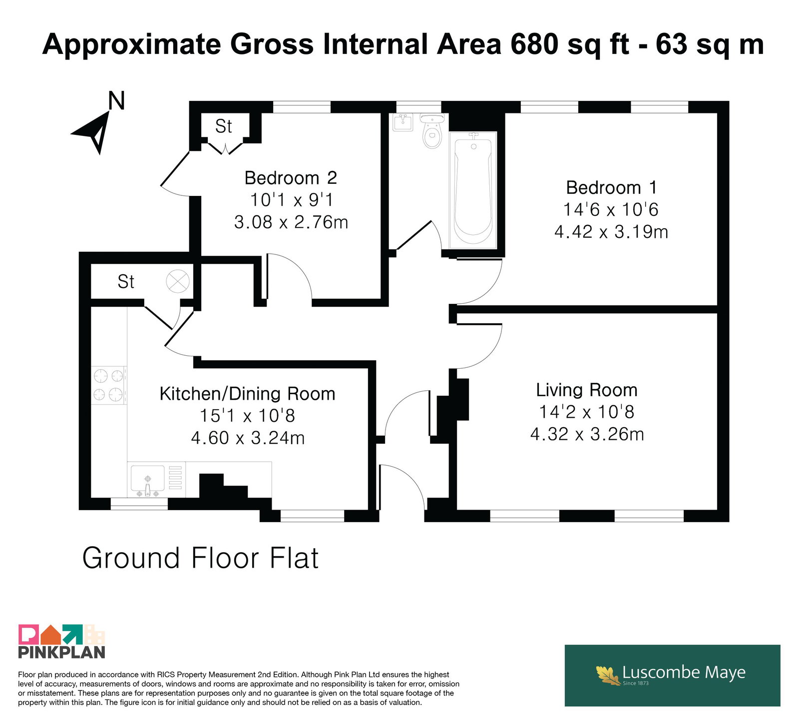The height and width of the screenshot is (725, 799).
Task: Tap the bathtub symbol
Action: point(473,190)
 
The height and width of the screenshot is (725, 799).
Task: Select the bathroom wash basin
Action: point(402,122)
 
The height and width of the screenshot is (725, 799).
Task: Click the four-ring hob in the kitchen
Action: point(109,385)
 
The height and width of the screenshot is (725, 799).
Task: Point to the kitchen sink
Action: point(147,480)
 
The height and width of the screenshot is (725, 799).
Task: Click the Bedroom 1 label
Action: point(611,187)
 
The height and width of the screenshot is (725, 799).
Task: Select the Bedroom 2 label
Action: point(291,177)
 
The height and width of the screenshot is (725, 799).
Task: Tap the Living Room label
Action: point(587,390)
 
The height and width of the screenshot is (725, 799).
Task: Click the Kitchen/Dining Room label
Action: point(247,394)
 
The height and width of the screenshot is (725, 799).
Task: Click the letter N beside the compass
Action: point(116,100)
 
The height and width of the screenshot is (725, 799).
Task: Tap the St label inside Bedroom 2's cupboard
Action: point(223,126)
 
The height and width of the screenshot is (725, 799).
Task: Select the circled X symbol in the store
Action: point(178,281)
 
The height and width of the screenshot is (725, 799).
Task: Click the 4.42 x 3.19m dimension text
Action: point(611,231)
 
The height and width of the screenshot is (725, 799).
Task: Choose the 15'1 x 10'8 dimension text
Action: point(247,415)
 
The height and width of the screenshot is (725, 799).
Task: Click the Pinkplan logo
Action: point(62,641)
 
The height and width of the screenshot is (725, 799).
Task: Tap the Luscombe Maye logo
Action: point(672,676)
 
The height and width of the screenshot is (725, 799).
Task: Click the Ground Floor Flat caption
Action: point(200,558)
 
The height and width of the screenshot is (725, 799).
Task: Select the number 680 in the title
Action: point(535,44)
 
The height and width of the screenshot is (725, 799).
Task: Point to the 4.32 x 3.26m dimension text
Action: point(587,434)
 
